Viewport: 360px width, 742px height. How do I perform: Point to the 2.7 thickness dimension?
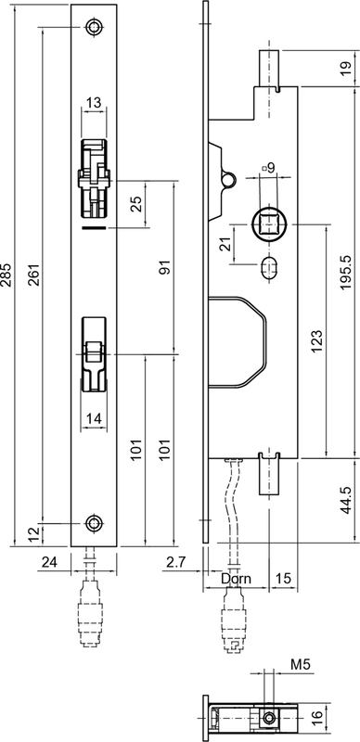coord(174,561)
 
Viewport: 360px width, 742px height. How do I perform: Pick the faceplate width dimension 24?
coord(50,561)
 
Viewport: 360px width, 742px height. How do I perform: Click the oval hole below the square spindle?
coord(271,267)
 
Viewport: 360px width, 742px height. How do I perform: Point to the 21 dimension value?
coord(223,245)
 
